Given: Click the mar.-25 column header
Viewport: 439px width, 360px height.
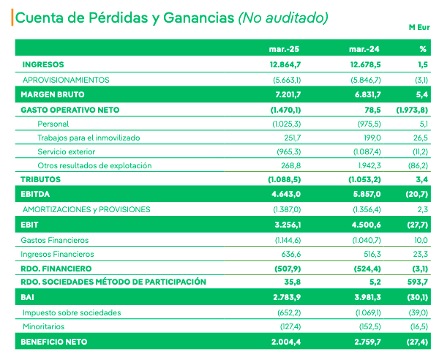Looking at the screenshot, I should [285, 50].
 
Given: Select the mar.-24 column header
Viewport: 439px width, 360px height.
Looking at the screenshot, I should [363, 50].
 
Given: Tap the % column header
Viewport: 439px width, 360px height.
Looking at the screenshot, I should [422, 50].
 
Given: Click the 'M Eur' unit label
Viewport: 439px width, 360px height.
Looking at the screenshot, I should [418, 27].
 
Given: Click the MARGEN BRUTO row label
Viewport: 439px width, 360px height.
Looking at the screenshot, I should [53, 94].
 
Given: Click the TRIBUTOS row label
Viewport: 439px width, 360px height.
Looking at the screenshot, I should [41, 179].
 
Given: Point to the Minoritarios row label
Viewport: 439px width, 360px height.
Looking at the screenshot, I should [44, 326].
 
